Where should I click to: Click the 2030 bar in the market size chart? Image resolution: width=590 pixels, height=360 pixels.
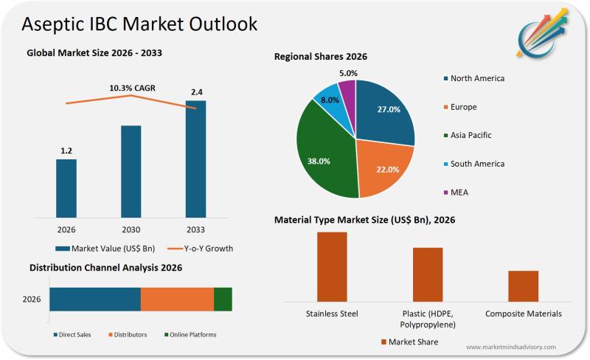point(131,171)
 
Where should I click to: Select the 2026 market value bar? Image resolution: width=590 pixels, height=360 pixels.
point(66,188)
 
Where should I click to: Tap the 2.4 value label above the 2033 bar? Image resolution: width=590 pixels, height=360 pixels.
point(196,92)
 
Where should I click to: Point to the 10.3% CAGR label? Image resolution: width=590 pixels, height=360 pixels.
point(132,89)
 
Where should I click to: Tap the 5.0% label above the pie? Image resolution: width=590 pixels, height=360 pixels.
point(348,73)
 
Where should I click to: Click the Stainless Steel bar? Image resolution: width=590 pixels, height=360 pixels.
point(332,266)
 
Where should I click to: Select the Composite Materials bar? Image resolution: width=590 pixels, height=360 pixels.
point(523,285)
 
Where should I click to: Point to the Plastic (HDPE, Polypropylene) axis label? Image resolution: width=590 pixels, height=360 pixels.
point(428,319)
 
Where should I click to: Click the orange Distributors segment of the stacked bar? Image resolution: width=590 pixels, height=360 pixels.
point(177,299)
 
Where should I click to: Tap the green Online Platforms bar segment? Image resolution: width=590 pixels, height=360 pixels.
point(223,299)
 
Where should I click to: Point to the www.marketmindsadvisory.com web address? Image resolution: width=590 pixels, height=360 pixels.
point(511,347)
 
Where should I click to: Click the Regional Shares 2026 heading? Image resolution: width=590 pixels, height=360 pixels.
point(320,57)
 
